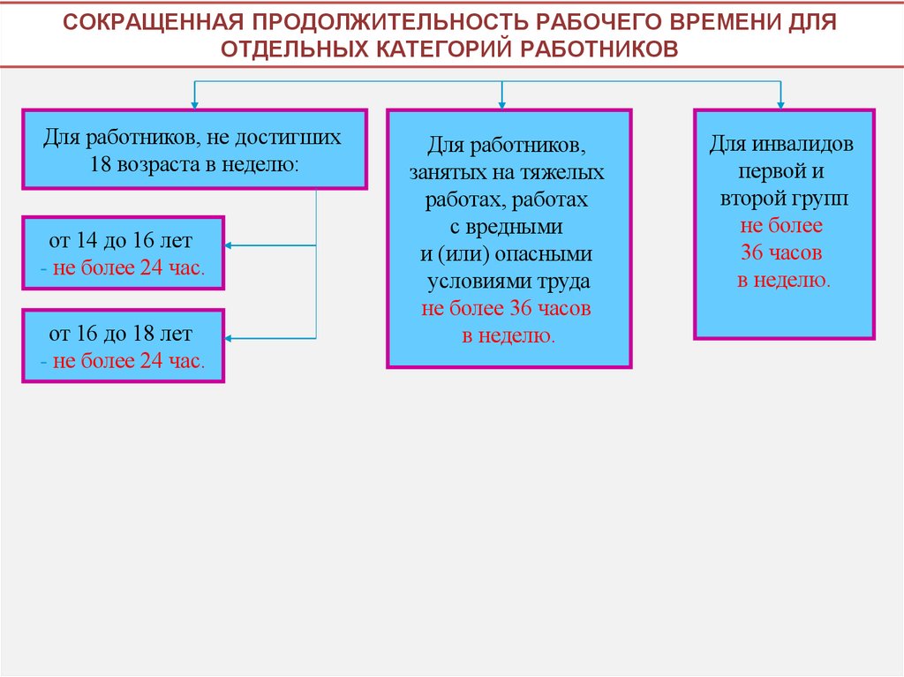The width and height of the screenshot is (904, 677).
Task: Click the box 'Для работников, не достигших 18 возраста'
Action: click(x=194, y=149)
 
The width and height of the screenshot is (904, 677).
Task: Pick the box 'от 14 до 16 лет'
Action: click(x=123, y=252)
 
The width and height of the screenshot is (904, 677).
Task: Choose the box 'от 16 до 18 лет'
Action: click(x=123, y=345)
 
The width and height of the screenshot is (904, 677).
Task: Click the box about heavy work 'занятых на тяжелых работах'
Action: click(x=508, y=237)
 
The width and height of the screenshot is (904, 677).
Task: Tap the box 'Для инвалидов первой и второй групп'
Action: click(x=783, y=223)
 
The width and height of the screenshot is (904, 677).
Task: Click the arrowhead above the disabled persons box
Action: click(x=780, y=103)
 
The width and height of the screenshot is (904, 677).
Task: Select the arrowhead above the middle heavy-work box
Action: click(x=501, y=103)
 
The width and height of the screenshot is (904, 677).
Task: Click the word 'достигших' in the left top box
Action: click(x=298, y=138)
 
